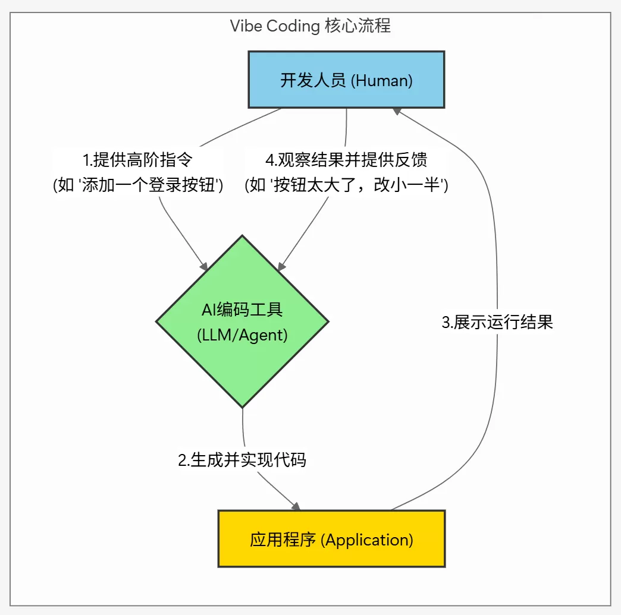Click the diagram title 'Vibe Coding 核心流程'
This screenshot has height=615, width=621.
coord(310,27)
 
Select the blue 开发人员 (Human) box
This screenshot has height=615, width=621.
coord(346,80)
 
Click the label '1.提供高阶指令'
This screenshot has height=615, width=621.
coord(138,160)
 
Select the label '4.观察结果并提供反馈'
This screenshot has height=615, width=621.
coord(346,160)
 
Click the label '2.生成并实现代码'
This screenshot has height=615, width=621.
coord(242,460)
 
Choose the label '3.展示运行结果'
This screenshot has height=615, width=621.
coord(497,323)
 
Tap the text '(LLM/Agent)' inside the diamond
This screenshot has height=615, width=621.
coord(242,335)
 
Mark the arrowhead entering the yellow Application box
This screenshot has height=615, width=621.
coord(295,506)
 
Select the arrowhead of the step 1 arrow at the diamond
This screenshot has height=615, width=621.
coord(203,266)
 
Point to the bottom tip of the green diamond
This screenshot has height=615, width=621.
coord(242,406)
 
